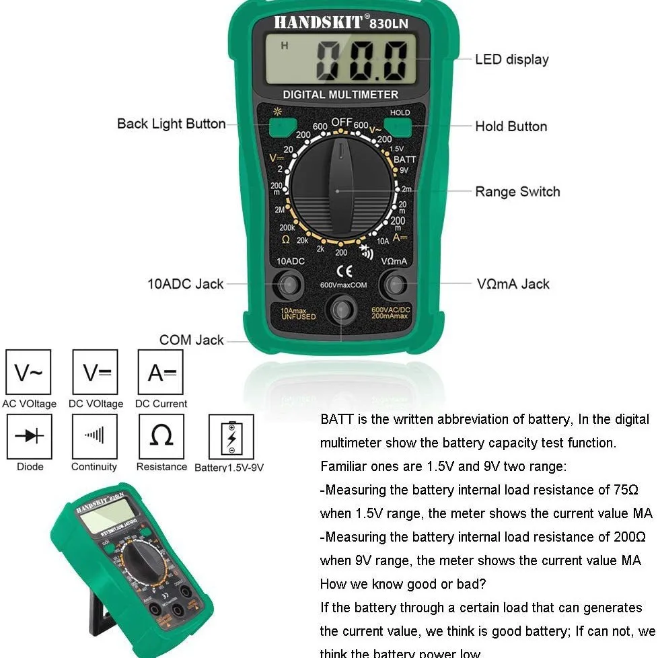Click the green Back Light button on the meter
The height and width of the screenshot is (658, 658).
click(283, 126)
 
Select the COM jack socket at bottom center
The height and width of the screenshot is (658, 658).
click(342, 310)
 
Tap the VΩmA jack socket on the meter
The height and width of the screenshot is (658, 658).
click(395, 284)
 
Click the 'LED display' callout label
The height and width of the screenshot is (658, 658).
click(511, 59)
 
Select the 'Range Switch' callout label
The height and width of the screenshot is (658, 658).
click(517, 192)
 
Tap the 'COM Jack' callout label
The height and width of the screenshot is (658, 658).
click(191, 340)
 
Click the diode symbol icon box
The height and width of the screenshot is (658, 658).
click(29, 436)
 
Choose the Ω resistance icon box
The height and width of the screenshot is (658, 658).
click(161, 436)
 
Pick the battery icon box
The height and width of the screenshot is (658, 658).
click(231, 437)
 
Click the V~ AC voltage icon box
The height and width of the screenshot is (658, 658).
click(29, 372)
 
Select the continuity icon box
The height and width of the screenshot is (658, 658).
click(94, 436)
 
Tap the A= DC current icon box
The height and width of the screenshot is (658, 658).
click(160, 372)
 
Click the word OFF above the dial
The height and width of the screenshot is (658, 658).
click(341, 122)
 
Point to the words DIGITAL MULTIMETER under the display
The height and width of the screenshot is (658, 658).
click(340, 95)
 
